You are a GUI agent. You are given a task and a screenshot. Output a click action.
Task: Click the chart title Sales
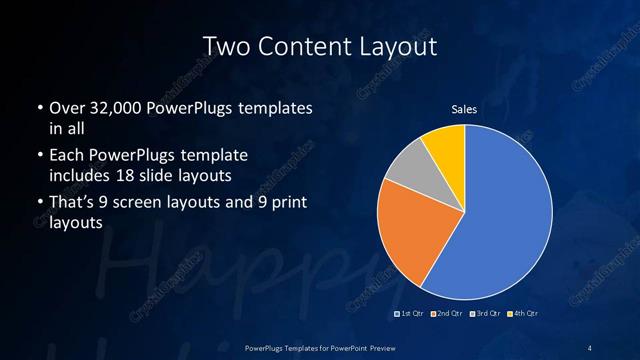[463, 110]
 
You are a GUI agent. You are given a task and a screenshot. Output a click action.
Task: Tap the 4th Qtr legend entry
[525, 315]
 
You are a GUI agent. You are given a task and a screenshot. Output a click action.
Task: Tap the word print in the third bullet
[288, 204]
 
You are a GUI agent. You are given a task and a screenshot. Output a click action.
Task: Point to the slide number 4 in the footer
[590, 347]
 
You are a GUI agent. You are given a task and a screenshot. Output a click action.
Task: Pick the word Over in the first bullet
[66, 108]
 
